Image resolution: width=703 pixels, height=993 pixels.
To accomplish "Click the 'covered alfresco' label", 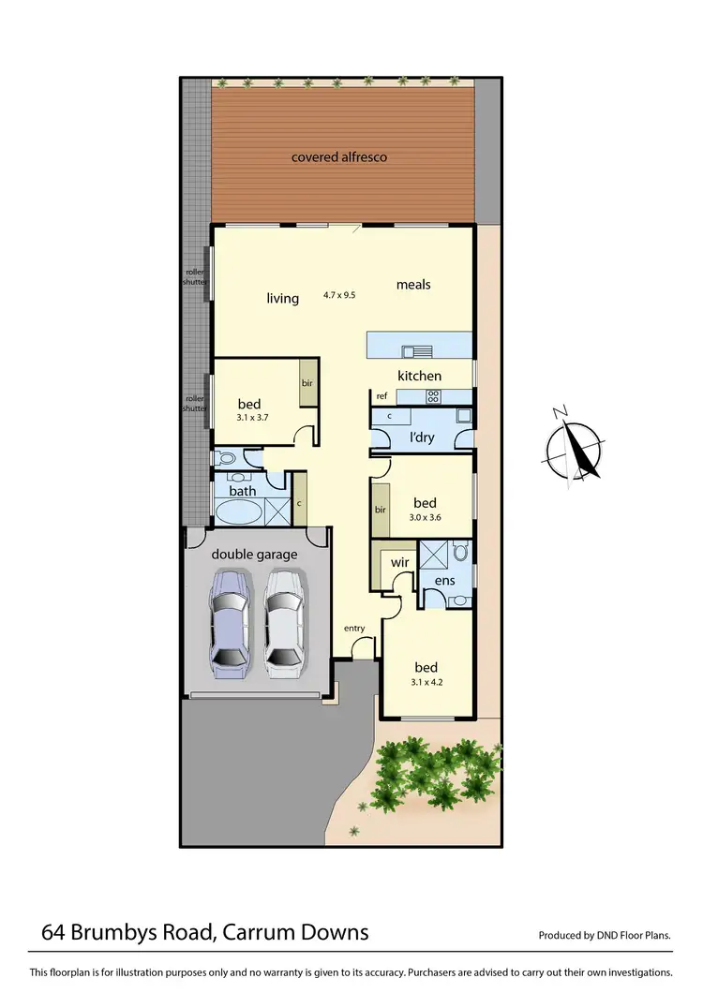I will [x=338, y=157].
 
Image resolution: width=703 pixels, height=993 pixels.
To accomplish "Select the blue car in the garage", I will [x=230, y=625].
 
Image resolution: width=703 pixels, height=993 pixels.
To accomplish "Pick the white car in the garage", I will [x=284, y=625].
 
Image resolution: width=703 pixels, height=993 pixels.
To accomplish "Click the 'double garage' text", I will [x=254, y=555].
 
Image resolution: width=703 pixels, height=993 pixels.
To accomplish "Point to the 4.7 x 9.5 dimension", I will [x=339, y=294].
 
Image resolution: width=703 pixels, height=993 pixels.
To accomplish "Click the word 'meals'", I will [x=413, y=284].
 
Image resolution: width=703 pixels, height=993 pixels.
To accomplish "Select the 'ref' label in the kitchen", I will [x=381, y=396].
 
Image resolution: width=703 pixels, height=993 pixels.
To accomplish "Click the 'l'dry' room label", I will [x=422, y=437].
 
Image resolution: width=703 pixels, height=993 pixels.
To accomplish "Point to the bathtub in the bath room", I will [x=238, y=511].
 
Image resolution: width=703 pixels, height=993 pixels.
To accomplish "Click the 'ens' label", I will [x=444, y=581].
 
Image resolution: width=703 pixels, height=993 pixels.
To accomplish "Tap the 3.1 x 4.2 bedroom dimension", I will [x=426, y=682].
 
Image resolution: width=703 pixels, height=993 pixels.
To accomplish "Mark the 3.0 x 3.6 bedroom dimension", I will [x=425, y=517].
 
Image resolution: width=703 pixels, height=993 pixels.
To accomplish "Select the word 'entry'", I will [x=354, y=628].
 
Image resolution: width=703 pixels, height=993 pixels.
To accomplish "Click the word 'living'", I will [x=282, y=299].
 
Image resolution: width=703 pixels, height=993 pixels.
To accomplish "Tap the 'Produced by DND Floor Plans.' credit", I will [x=606, y=935].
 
